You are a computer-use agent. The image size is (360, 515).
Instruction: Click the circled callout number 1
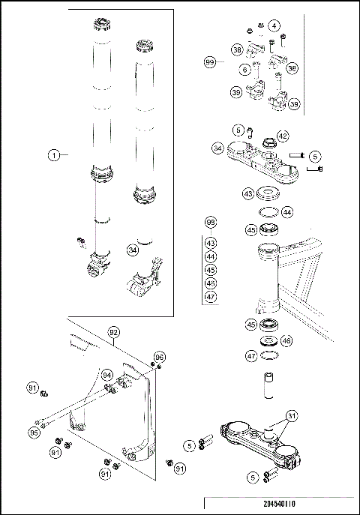(x=54, y=155)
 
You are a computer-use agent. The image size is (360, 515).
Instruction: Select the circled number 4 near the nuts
(x=274, y=26)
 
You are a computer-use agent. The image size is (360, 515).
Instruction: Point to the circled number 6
(x=245, y=69)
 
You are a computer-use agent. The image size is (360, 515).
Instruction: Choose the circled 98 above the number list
(x=211, y=223)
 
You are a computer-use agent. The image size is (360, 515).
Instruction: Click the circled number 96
(x=159, y=356)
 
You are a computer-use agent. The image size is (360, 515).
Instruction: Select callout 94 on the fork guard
(x=107, y=375)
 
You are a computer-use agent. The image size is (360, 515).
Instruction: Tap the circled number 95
(x=34, y=432)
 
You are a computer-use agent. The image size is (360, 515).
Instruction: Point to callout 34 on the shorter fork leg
(x=133, y=250)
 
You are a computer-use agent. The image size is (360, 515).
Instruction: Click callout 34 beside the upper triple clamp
(x=217, y=148)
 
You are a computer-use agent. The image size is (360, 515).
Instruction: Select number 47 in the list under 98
(x=211, y=297)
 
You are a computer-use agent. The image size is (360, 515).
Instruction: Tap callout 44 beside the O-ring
(x=287, y=212)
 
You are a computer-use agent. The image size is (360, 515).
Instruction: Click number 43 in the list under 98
(x=211, y=243)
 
